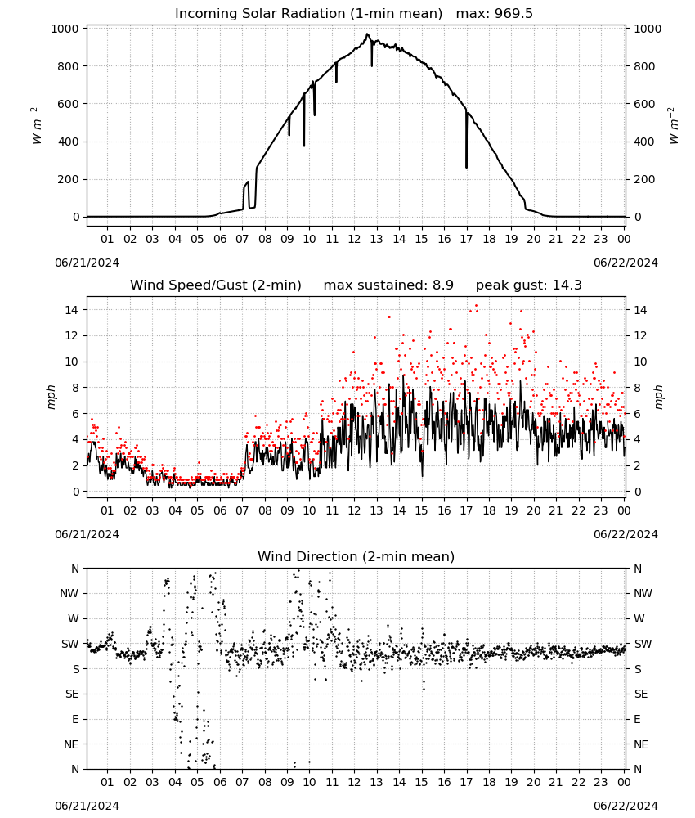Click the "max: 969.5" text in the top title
[x=495, y=14]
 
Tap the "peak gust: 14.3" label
[x=529, y=285]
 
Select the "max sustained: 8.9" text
[x=388, y=285]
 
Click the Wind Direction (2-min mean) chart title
[x=356, y=556]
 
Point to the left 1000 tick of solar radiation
[x=65, y=29]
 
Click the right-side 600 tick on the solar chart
[x=644, y=104]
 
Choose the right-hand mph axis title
[x=658, y=397]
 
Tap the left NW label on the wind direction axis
[x=69, y=594]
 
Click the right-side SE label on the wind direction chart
[x=641, y=694]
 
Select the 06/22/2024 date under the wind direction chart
[x=625, y=806]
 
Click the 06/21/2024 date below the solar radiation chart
[x=87, y=263]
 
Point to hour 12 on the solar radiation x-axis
[x=354, y=239]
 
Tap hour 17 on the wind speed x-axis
[x=466, y=510]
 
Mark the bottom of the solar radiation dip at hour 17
[x=467, y=168]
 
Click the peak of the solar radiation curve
[x=367, y=34]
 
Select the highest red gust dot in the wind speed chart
[x=476, y=306]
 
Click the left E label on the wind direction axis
[x=75, y=719]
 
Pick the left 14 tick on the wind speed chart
[x=72, y=310]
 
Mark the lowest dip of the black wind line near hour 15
[x=423, y=476]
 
